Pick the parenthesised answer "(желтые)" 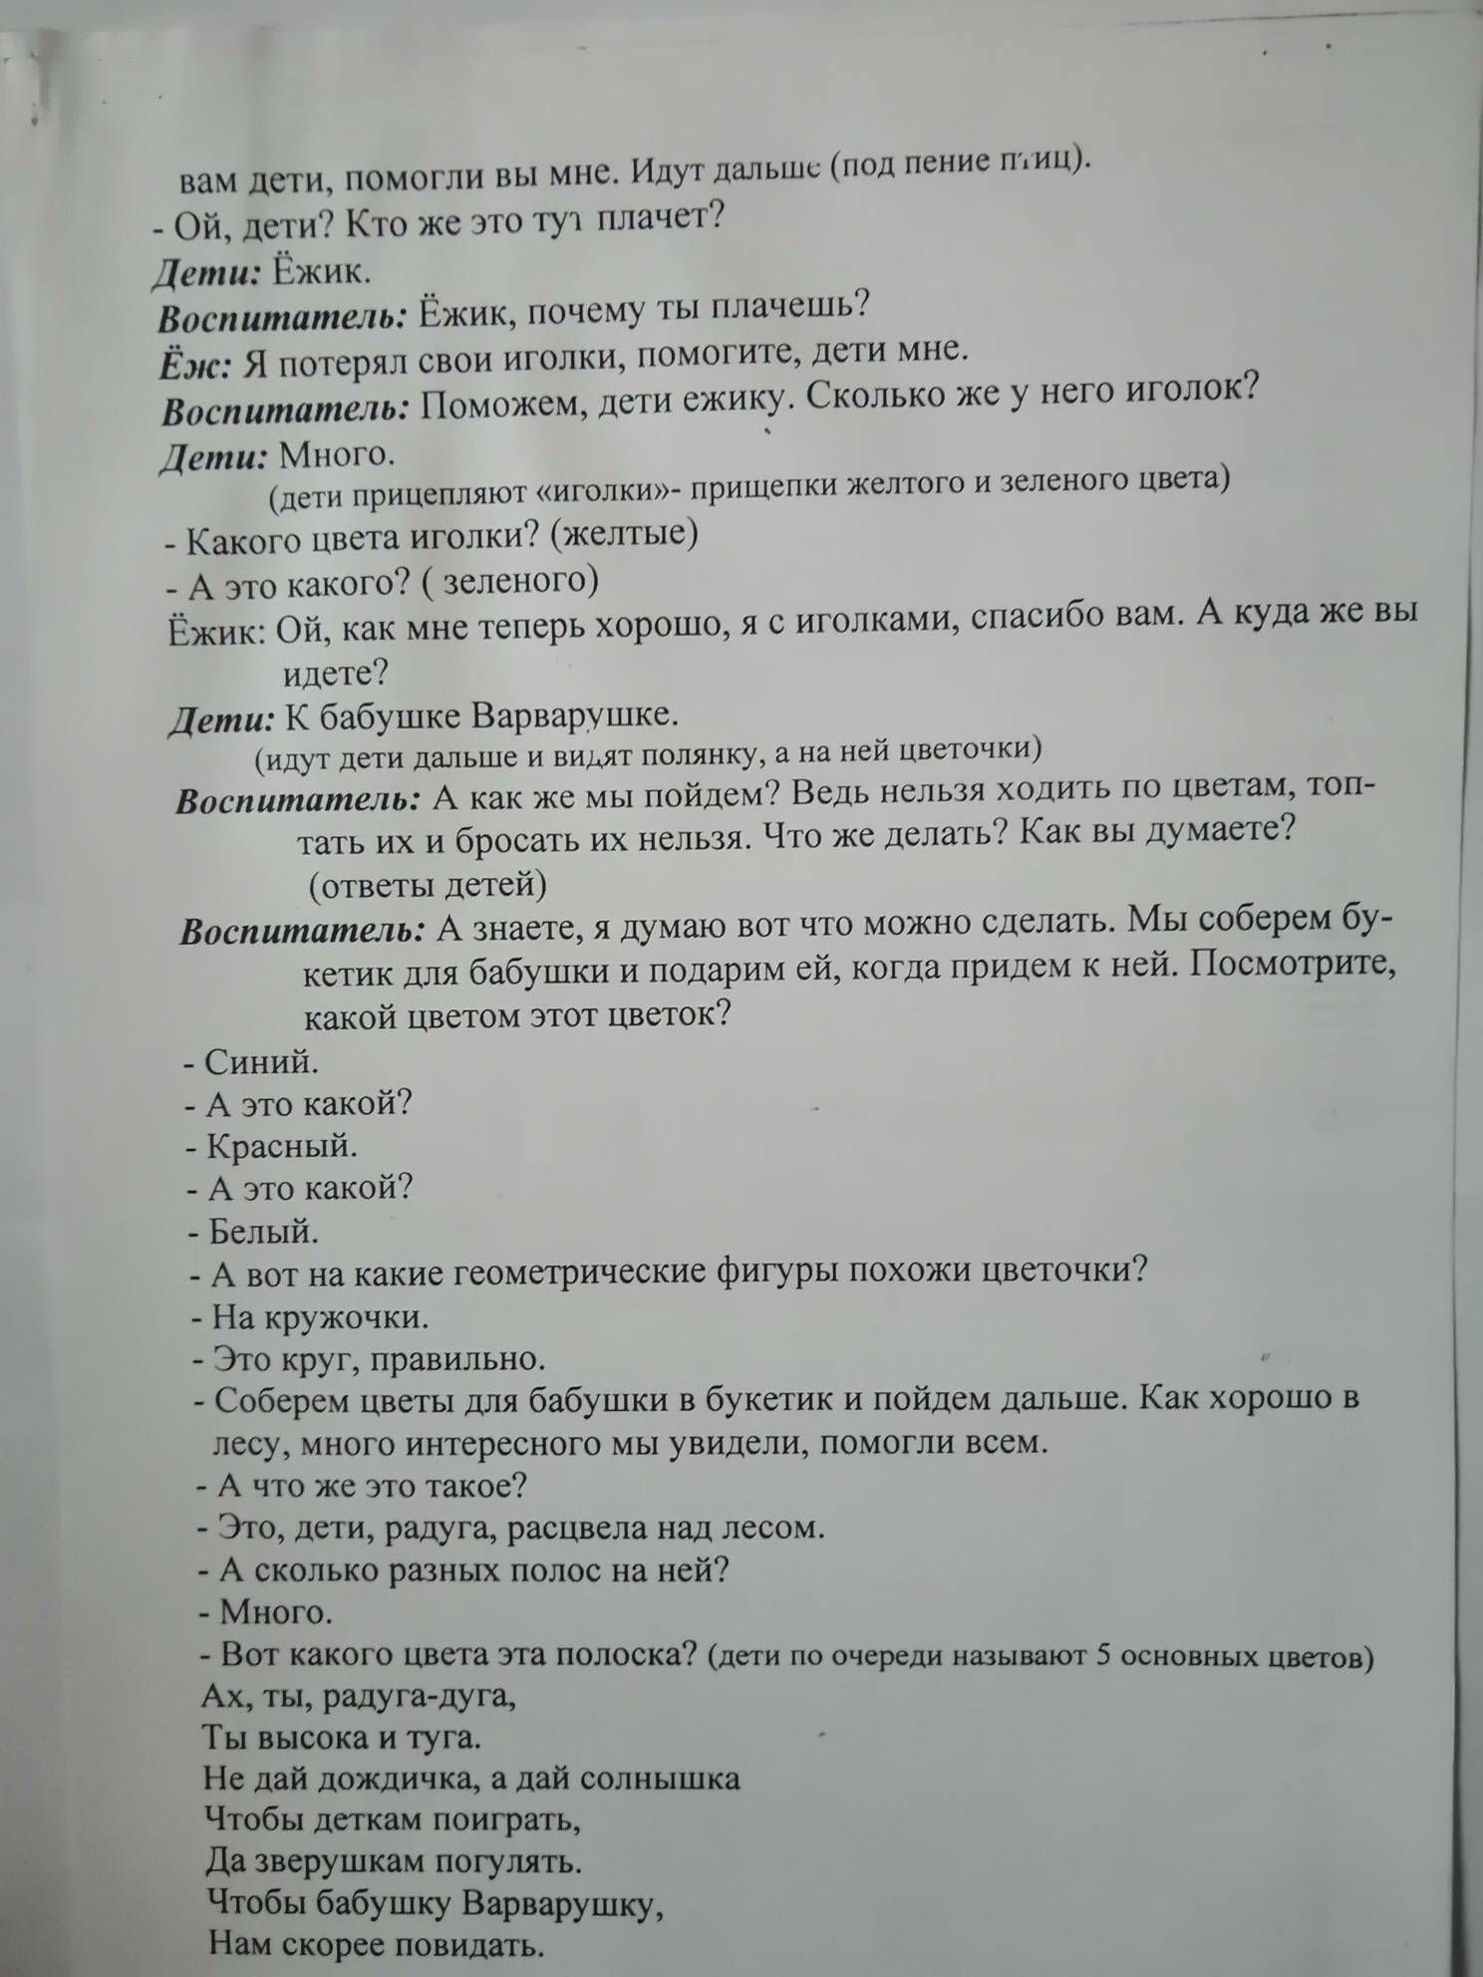pos(631,533)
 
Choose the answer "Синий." pos(261,1062)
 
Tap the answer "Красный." pos(281,1147)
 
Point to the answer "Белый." pos(264,1233)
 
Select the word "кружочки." pos(349,1318)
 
